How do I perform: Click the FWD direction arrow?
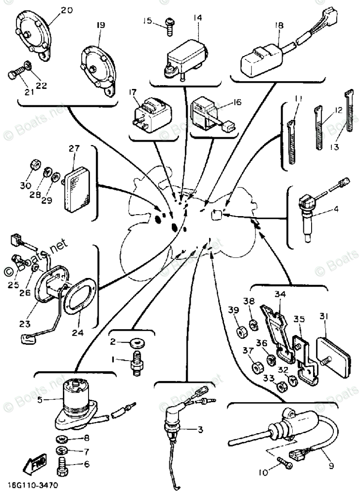click(33, 466)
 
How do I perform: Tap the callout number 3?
click(200, 428)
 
